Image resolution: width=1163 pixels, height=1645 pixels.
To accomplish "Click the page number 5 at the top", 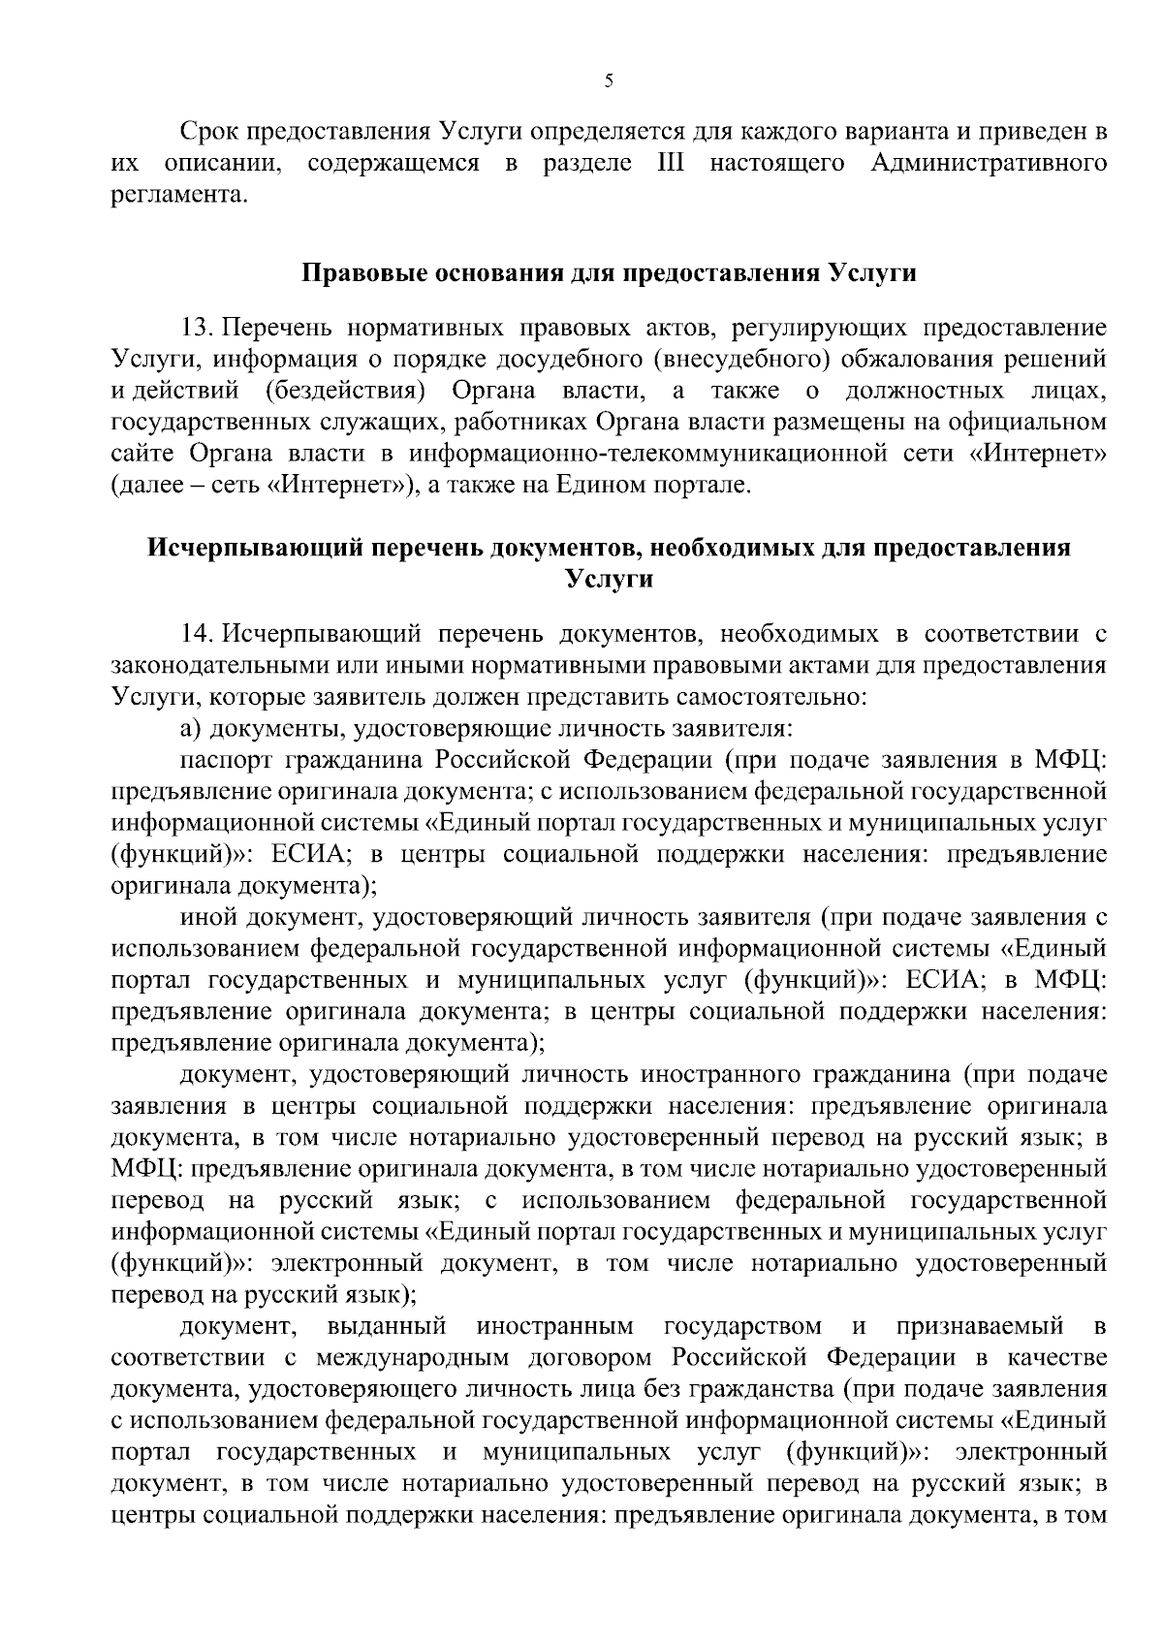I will click(x=608, y=81).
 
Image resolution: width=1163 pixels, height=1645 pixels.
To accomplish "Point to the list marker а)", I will click(x=190, y=729).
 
